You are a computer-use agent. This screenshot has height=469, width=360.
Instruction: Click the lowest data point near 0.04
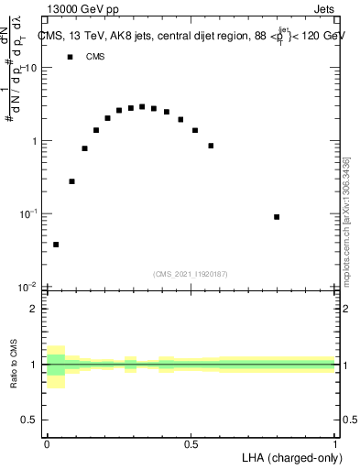56,245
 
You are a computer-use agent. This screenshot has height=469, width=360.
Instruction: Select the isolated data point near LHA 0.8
277,217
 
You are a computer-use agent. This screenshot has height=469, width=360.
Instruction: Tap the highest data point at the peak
142,106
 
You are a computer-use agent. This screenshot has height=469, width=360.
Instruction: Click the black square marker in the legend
70,57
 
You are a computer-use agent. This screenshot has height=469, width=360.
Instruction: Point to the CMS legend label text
95,57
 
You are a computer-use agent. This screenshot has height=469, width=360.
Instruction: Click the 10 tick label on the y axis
31,69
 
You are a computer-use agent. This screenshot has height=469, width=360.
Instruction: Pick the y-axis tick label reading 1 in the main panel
34,141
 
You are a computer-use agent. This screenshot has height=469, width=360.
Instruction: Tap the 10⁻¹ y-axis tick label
29,213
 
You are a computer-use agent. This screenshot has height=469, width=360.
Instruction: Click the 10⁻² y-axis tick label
29,286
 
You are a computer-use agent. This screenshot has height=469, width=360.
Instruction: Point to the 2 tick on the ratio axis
34,310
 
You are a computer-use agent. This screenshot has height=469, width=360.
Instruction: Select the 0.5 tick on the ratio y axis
29,420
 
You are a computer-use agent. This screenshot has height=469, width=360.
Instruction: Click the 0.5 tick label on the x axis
191,444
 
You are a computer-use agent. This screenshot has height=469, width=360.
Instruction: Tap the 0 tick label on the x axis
47,444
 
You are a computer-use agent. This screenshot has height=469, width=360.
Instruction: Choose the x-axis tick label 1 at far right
335,444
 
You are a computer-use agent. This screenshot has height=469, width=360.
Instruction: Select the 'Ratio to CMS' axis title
14,364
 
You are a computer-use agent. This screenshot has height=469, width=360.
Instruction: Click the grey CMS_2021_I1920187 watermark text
191,273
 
